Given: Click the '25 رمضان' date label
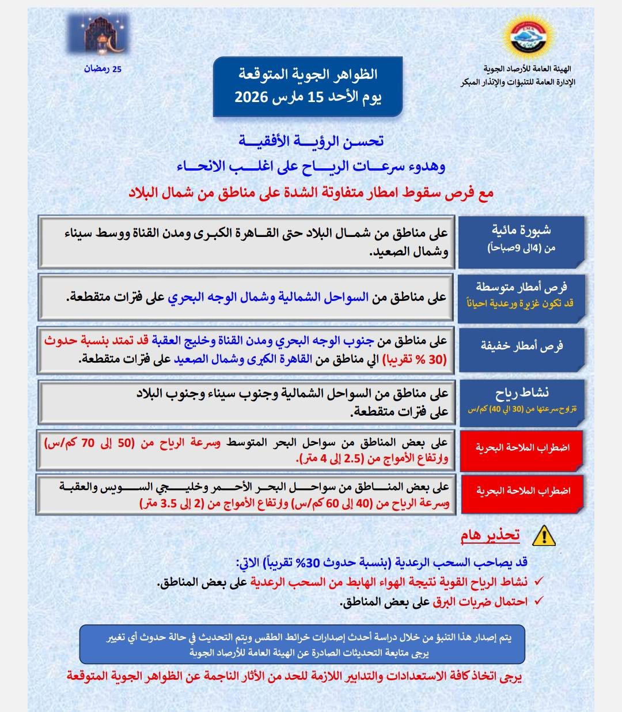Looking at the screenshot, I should tap(103, 69).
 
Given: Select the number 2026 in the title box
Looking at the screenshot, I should tap(251, 96).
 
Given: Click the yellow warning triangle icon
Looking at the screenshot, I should tap(544, 537).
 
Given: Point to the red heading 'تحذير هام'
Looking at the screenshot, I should tap(490, 536).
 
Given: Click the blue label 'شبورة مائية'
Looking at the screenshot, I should tap(521, 230).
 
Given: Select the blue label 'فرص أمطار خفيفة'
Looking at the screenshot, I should tap(522, 346).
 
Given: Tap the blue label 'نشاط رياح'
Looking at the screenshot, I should tap(522, 393).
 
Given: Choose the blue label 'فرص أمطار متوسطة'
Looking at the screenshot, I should tap(522, 287).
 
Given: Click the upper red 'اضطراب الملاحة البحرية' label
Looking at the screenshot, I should tap(522, 447).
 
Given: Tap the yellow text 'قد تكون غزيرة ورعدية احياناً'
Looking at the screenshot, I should tap(520, 303).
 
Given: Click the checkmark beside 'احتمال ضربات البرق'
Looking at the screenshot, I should tap(539, 601).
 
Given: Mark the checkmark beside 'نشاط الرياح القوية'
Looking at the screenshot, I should tap(539, 582).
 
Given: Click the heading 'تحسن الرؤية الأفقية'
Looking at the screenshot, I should tap(311, 141).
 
